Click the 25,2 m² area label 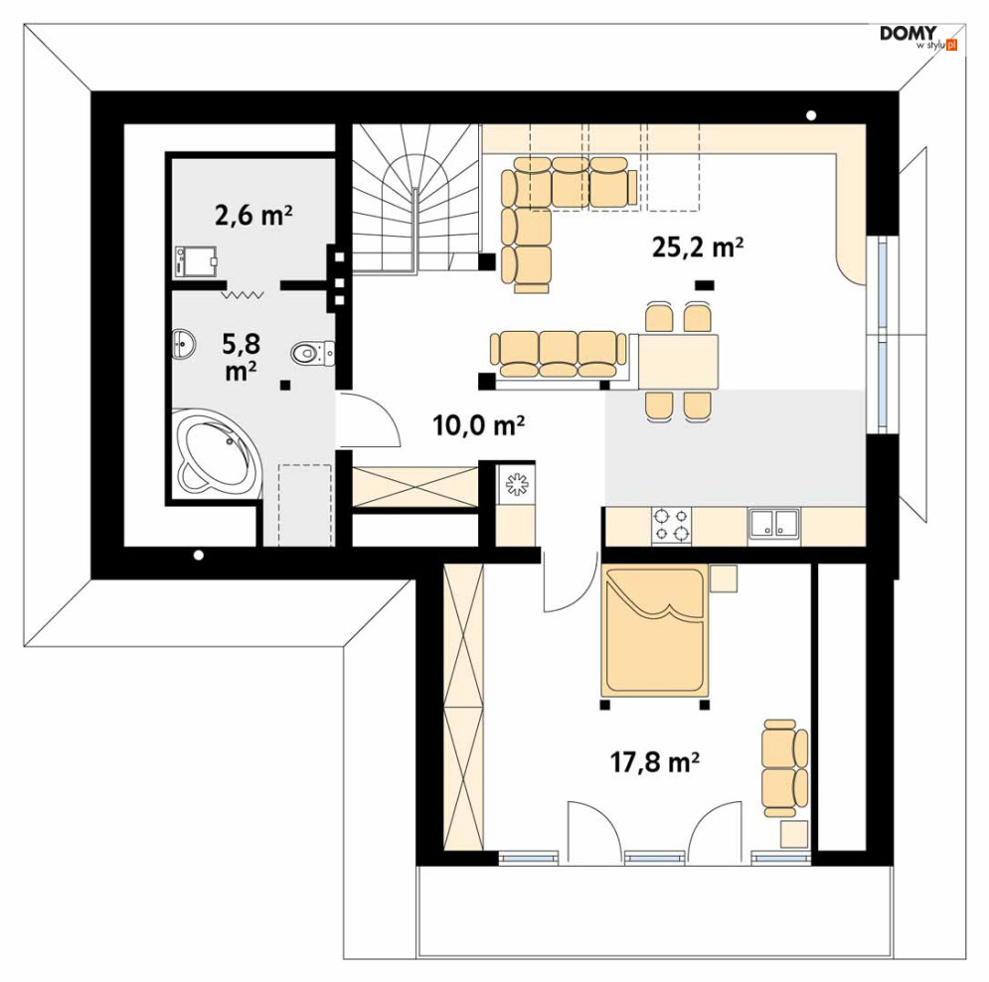(x=697, y=246)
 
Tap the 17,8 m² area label (x=655, y=762)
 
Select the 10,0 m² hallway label (x=479, y=425)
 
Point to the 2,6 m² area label (x=253, y=215)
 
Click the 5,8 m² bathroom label (x=241, y=357)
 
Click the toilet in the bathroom (x=312, y=353)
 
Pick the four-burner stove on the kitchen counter (x=671, y=526)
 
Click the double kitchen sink (x=774, y=525)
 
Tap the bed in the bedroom (x=655, y=630)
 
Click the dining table (x=678, y=362)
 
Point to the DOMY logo (x=918, y=37)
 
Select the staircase (x=414, y=199)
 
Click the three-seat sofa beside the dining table (x=559, y=354)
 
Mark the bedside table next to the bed (x=724, y=577)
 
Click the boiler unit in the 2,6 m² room (x=196, y=261)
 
